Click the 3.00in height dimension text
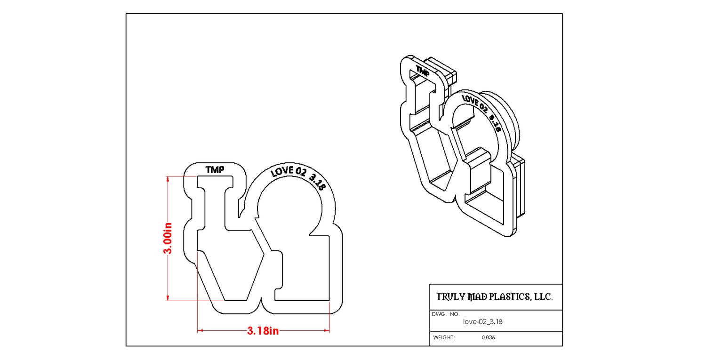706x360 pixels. [168, 238]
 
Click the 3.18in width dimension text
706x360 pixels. [263, 331]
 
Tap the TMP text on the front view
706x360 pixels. [215, 170]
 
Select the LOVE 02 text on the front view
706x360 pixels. [288, 171]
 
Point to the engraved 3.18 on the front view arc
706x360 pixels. [317, 182]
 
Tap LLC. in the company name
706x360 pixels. [543, 296]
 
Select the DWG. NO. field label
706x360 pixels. [446, 314]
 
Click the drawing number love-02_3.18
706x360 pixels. [482, 321]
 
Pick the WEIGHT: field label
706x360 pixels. [444, 337]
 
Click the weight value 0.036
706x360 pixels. [488, 337]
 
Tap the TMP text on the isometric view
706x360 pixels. [422, 71]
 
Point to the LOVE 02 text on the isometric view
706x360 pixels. [474, 104]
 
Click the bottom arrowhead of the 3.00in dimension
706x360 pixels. [168, 298]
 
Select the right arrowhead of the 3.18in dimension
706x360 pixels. [326, 331]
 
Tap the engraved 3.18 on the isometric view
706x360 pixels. [495, 124]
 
